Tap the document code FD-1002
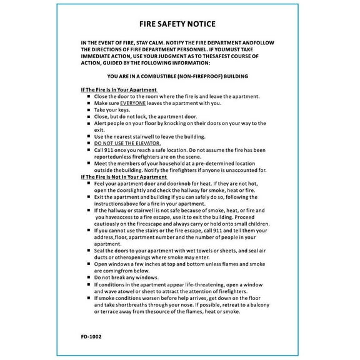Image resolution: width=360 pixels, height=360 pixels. [x=91, y=336]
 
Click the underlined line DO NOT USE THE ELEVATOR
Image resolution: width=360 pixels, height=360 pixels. [x=123, y=143]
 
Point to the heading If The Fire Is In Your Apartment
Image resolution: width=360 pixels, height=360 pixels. [x=119, y=90]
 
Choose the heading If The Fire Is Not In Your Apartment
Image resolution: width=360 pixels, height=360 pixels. [x=125, y=177]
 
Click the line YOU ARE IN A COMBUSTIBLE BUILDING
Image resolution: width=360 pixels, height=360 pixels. [x=177, y=76]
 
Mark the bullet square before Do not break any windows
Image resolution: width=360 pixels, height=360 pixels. [x=89, y=277]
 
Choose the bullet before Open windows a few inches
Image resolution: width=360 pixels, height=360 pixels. [x=89, y=264]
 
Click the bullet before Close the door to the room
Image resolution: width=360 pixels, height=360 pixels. [x=89, y=97]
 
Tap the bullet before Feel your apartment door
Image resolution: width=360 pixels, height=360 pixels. [x=89, y=184]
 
